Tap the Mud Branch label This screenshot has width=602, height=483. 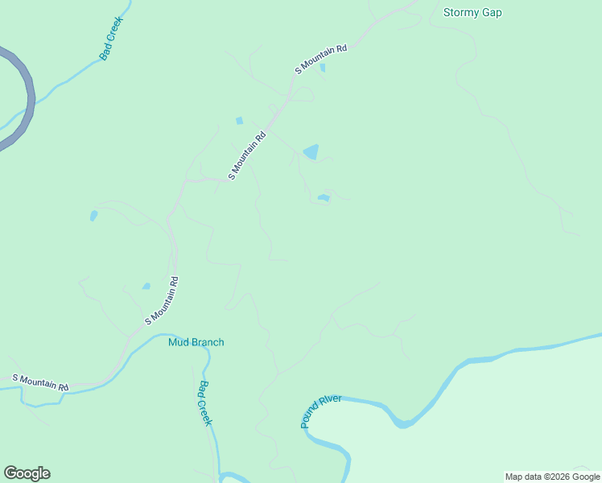coord(196,342)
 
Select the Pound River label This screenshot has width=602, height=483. coord(321,411)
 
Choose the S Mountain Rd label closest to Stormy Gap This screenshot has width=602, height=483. coord(320,60)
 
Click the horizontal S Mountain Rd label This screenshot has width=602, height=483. coord(40,382)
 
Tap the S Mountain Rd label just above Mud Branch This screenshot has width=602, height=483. coord(161,300)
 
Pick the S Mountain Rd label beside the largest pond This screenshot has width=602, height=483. coord(247,156)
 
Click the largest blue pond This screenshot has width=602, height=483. coord(311,151)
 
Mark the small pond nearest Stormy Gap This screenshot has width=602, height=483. coord(323,68)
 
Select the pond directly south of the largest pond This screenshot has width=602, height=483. coord(324,197)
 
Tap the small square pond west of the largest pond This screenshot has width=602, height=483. coord(239,121)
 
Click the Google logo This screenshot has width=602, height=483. coord(27,473)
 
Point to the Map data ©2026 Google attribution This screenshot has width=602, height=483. coord(552,477)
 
